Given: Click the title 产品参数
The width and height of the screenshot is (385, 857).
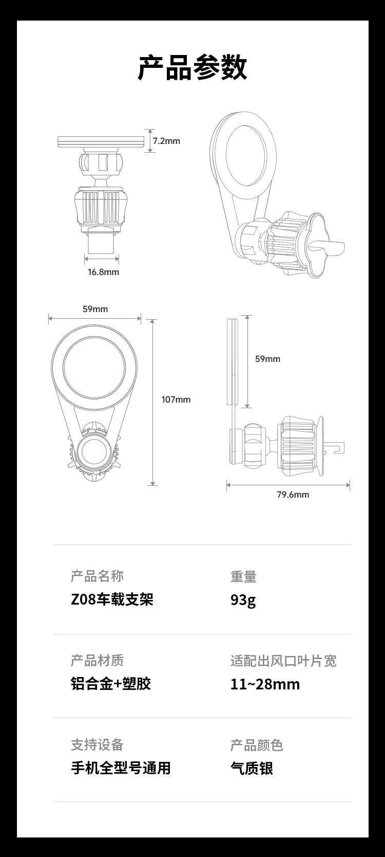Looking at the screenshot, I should [x=192, y=67].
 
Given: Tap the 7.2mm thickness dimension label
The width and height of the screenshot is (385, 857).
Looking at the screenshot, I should [x=166, y=141].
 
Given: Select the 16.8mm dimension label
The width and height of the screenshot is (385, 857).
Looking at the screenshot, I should [x=103, y=272].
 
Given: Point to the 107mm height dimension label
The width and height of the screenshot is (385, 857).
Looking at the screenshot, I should [x=176, y=399].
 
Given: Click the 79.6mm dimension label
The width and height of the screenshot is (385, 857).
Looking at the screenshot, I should [x=293, y=495].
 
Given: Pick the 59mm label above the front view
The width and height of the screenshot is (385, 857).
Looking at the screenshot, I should [x=95, y=309].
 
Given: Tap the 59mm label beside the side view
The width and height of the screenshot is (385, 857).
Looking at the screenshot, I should [x=267, y=359].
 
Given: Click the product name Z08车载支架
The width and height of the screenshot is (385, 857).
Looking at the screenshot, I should [x=112, y=599].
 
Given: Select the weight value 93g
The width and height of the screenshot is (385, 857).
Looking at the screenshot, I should [x=243, y=599].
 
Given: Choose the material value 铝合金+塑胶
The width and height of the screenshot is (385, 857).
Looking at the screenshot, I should [x=111, y=684].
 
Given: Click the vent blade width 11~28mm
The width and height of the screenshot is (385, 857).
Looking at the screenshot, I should [x=265, y=684].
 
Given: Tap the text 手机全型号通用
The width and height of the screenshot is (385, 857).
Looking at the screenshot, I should [x=121, y=768].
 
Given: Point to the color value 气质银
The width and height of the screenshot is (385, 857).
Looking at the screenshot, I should [x=252, y=768].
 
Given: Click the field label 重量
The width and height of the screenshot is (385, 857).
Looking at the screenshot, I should [x=243, y=577].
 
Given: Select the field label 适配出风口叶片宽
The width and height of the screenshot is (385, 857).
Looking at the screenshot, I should [x=283, y=661].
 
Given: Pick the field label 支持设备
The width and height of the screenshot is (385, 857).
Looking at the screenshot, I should [x=97, y=744].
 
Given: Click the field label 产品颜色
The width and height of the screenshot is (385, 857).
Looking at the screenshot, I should [x=257, y=745].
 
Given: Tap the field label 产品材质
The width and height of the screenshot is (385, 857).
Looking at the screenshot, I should [x=97, y=661].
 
